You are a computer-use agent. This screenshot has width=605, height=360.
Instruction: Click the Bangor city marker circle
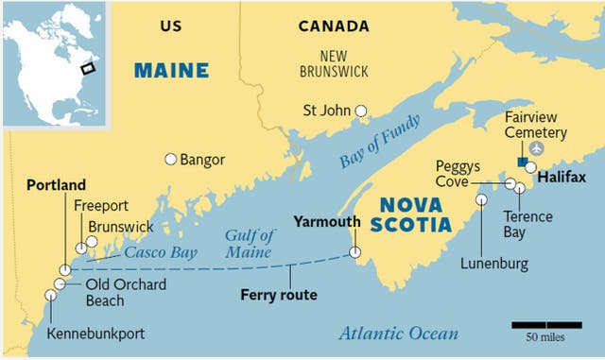coord(171,160)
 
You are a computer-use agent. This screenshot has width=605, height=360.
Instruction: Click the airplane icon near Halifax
coord(538,148)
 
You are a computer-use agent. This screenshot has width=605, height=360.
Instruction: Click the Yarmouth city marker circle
coord(354,252)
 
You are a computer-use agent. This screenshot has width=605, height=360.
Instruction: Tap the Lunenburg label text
coord(495,263)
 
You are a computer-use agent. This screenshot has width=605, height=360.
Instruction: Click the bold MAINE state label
coord(171,70)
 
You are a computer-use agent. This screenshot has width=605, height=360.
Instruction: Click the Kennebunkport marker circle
coord(51,295)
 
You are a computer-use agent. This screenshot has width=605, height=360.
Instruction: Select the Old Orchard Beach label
coord(116,292)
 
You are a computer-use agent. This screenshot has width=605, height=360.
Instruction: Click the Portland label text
coord(56,184)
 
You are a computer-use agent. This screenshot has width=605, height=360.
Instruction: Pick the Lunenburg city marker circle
coord(481,199)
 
